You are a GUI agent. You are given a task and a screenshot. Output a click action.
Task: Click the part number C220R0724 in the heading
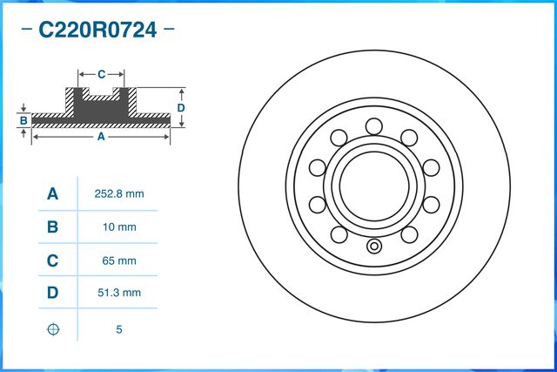[x=97, y=30]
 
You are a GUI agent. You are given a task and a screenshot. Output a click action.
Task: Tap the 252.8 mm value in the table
[x=119, y=193]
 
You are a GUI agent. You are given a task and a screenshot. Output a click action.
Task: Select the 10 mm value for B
[x=119, y=227]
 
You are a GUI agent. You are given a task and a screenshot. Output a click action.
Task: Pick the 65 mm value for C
[x=119, y=260]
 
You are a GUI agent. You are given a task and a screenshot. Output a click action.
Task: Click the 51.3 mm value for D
[x=119, y=293]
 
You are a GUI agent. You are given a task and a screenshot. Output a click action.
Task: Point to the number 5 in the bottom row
[x=119, y=329]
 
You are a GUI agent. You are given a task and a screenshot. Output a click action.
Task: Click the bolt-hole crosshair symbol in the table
[x=53, y=329]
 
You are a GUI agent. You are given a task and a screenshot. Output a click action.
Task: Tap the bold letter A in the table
[x=52, y=193]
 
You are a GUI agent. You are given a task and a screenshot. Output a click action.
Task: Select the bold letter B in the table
[x=52, y=227]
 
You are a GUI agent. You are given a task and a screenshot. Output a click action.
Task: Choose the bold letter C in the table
[x=52, y=260]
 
